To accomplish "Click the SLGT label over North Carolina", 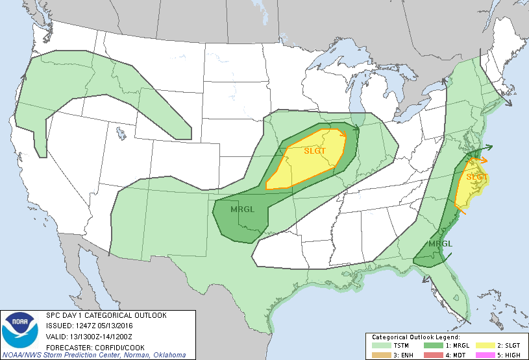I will pos(476,176).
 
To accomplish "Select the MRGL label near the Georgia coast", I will pos(441,244).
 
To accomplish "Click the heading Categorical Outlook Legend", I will pos(415,337).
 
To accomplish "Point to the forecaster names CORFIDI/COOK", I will pos(111,346).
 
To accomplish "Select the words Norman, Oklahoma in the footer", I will pos(155,355).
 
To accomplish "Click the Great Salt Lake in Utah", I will pos(121,134).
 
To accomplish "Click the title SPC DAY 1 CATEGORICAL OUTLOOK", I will pos(106,315).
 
